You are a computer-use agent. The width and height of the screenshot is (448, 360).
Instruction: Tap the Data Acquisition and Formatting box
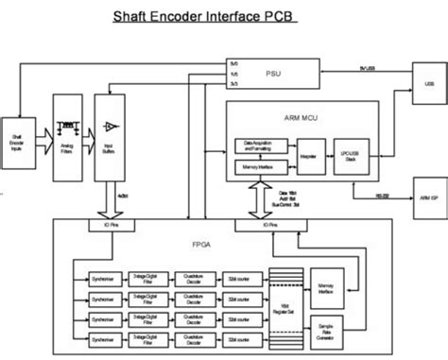[259, 146]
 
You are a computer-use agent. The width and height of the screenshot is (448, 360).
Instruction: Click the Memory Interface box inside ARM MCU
[259, 167]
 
